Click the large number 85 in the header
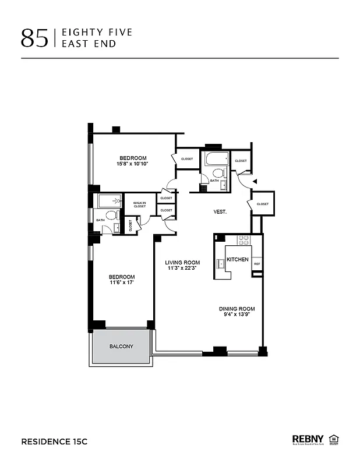click(35, 37)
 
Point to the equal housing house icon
click(334, 439)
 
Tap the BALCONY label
click(121, 347)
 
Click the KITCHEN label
click(237, 259)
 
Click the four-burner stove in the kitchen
click(243, 239)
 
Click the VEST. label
click(220, 213)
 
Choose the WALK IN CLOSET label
click(140, 204)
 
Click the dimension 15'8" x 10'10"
click(133, 164)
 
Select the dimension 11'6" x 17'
click(122, 283)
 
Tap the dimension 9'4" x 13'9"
click(237, 315)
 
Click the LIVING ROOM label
click(182, 262)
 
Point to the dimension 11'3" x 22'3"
click(182, 269)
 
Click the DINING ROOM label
click(237, 309)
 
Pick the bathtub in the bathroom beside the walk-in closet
click(110, 202)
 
